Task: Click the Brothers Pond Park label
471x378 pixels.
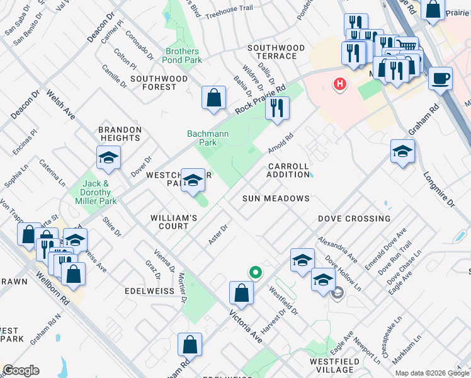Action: tap(183, 55)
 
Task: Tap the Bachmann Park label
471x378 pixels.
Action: tap(202, 138)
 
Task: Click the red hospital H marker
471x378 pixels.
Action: tap(340, 83)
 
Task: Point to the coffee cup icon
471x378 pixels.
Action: tap(440, 79)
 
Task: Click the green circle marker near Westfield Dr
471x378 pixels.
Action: tap(256, 273)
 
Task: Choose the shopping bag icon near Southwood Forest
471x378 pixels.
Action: tap(214, 98)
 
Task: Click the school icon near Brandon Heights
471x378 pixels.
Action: tap(108, 159)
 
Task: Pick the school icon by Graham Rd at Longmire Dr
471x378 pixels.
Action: tap(402, 152)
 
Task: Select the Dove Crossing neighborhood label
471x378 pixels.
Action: tap(353, 219)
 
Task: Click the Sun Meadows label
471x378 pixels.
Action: tap(276, 198)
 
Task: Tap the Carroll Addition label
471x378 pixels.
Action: tap(288, 170)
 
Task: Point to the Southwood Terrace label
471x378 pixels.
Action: tap(276, 52)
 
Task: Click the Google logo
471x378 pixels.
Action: tap(21, 370)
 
